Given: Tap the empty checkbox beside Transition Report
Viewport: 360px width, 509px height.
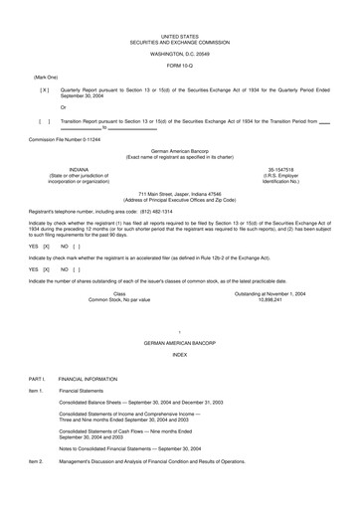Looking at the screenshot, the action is (43, 119).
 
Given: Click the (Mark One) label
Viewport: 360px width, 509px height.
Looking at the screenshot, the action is (46, 76).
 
